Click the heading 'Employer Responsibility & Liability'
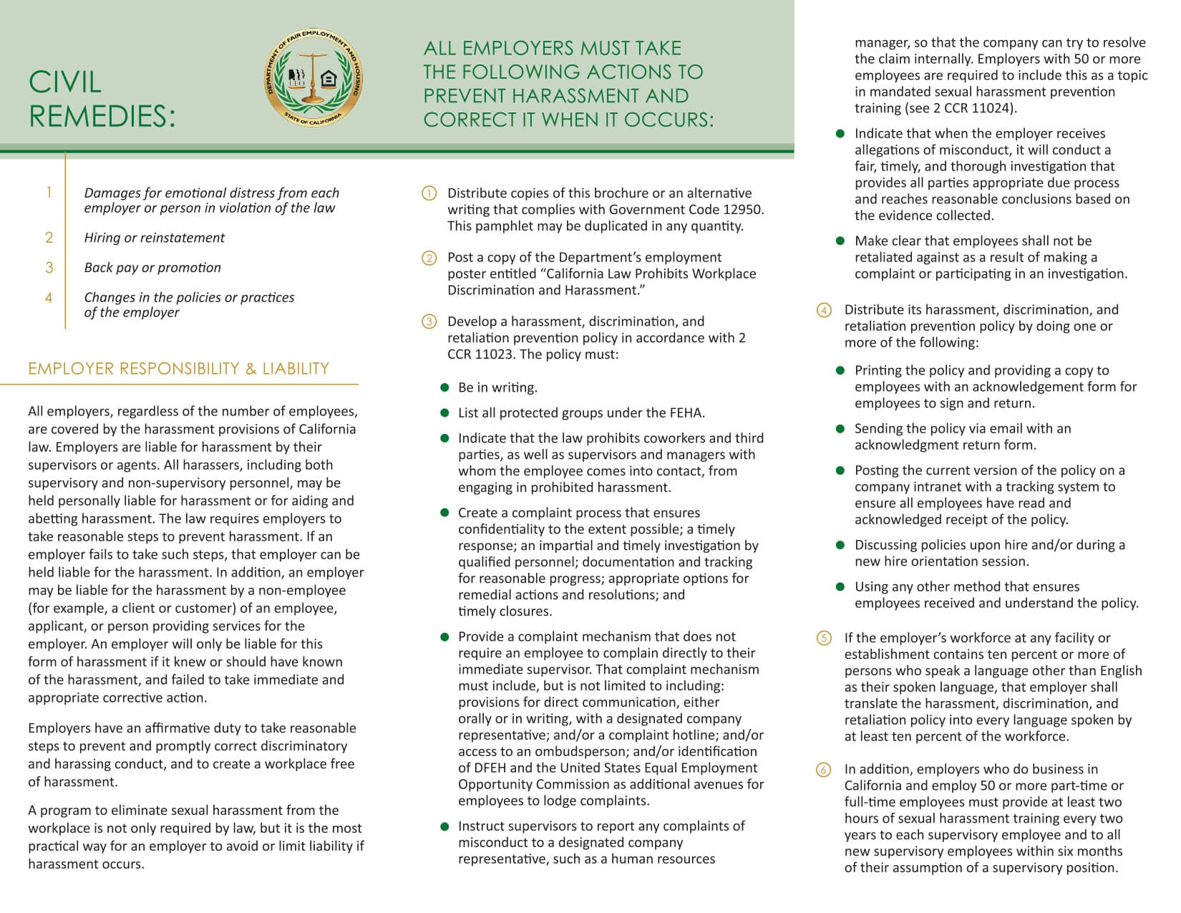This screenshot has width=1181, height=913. (x=178, y=369)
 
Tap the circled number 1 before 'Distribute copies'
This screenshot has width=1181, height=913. (x=429, y=193)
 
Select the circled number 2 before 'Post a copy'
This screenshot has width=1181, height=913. (x=429, y=258)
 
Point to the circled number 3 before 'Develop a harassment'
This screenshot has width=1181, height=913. (x=429, y=322)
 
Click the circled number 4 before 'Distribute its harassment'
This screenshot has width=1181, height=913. (x=824, y=310)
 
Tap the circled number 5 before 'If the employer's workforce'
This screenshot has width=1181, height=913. (x=824, y=638)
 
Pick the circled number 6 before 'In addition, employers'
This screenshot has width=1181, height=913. (x=824, y=770)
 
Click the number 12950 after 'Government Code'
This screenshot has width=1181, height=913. (x=742, y=210)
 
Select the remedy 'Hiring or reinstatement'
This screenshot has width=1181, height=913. (x=154, y=238)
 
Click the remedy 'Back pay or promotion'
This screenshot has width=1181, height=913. (x=152, y=268)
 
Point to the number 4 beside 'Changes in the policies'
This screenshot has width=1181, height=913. (x=49, y=297)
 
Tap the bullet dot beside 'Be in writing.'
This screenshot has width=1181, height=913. (x=444, y=387)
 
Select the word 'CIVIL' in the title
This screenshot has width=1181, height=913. (x=65, y=82)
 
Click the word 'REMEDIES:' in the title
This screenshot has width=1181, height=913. (x=102, y=117)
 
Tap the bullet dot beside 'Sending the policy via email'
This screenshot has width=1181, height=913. (x=840, y=429)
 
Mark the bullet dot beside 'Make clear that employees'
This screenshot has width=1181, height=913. (x=840, y=241)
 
